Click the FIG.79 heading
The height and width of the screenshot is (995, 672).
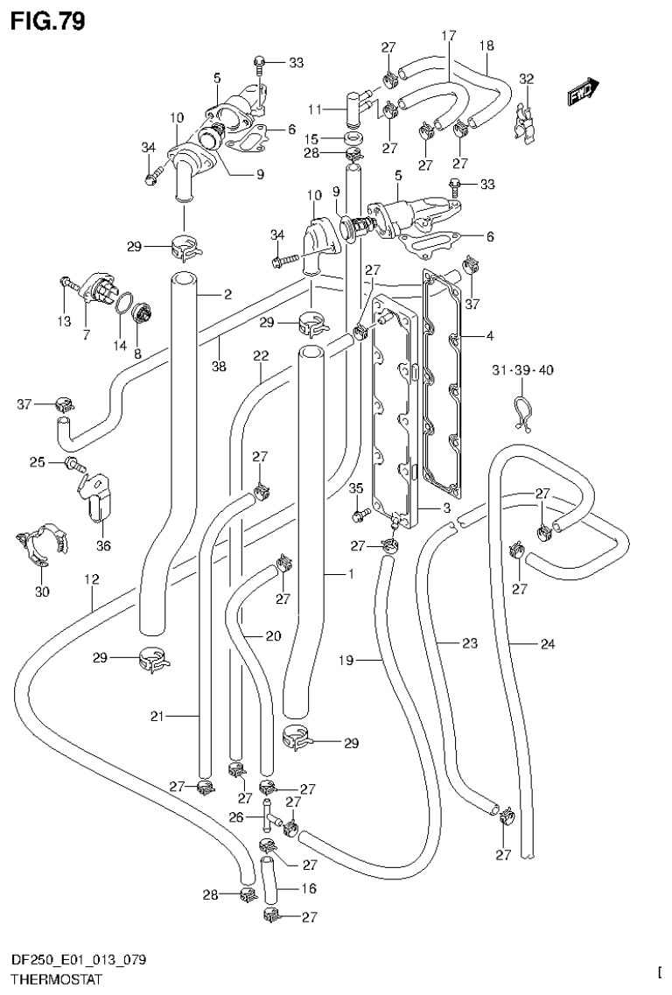coord(48,20)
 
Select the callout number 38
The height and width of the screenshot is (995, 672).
coord(219,367)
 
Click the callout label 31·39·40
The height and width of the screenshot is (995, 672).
coord(521,370)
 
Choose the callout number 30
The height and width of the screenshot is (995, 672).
coord(42,592)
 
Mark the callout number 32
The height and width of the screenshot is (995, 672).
coord(526,79)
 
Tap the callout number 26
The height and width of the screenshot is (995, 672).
coord(234,817)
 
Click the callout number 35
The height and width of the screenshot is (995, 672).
coord(355,487)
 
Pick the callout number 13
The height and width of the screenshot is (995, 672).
coord(64,322)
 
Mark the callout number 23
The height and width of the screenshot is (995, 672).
coord(470,644)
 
